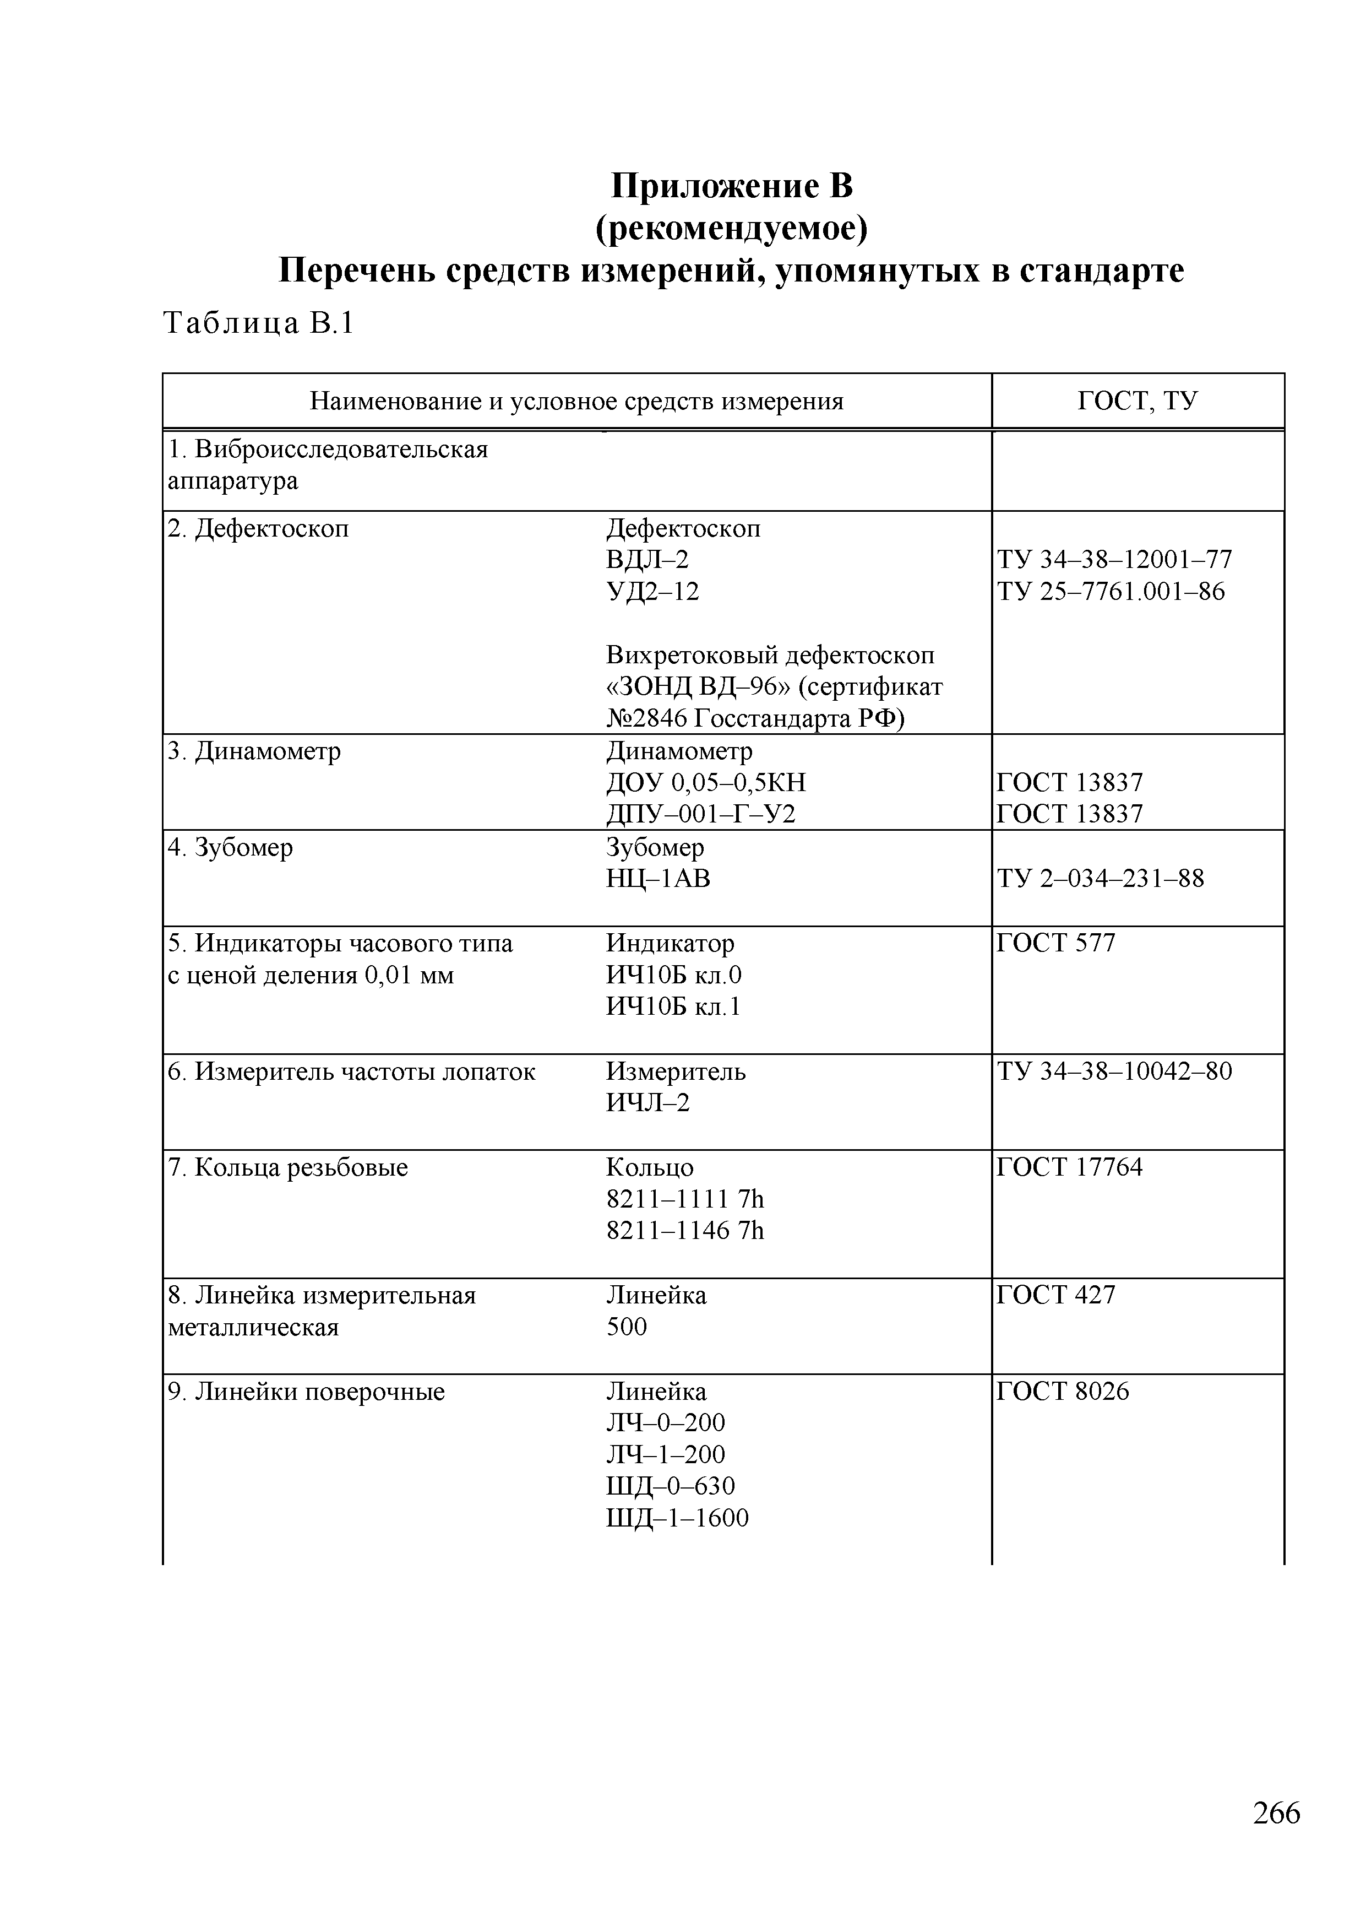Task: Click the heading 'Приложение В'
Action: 731,186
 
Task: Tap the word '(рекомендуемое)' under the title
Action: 731,228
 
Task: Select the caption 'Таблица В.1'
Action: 258,323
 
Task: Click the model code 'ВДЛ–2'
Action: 647,560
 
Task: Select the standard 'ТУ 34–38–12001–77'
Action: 1114,560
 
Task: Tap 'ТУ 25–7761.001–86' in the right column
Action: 1111,592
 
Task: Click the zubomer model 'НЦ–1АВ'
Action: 658,879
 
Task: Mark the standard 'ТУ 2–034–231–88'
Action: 1100,879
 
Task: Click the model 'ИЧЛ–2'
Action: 647,1102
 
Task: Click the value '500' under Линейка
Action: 627,1327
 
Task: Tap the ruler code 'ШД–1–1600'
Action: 677,1518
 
